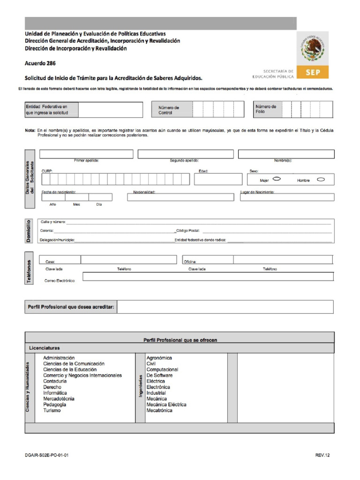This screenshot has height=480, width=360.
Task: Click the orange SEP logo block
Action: [313, 72]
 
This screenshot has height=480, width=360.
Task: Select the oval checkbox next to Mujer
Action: [277, 179]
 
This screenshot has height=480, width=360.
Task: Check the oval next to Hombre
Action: [321, 179]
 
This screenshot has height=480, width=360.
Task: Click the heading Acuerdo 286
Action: [40, 63]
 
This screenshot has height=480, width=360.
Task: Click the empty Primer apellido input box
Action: [86, 154]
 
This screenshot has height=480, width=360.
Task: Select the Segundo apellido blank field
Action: [186, 154]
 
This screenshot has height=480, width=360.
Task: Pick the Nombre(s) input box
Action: [286, 154]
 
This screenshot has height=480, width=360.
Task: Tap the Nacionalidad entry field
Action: [180, 197]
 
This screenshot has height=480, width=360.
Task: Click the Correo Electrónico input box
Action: [208, 277]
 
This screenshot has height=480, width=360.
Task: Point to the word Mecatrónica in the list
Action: [159, 411]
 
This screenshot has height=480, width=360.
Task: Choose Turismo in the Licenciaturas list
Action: [52, 411]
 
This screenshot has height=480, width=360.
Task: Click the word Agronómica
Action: [159, 358]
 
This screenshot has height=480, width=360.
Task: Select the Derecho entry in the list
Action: [52, 387]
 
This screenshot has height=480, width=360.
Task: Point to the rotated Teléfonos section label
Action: [29, 270]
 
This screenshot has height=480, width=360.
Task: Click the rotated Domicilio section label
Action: [29, 231]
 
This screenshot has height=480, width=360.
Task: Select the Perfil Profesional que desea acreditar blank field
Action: [225, 307]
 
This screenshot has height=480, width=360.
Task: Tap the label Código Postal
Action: [188, 231]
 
